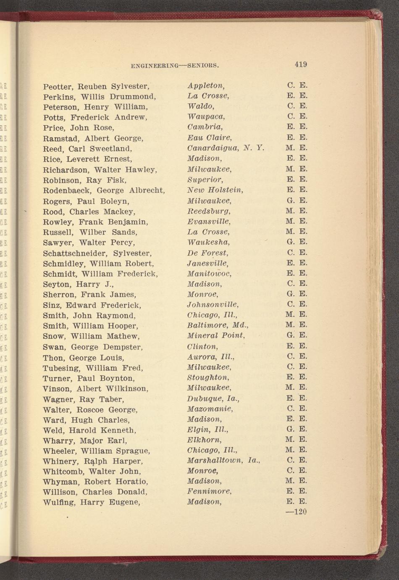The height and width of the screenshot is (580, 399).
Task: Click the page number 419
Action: click(x=301, y=64)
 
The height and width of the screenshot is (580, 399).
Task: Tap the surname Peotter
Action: click(x=58, y=87)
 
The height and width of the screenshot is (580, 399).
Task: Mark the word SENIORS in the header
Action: click(x=202, y=66)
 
